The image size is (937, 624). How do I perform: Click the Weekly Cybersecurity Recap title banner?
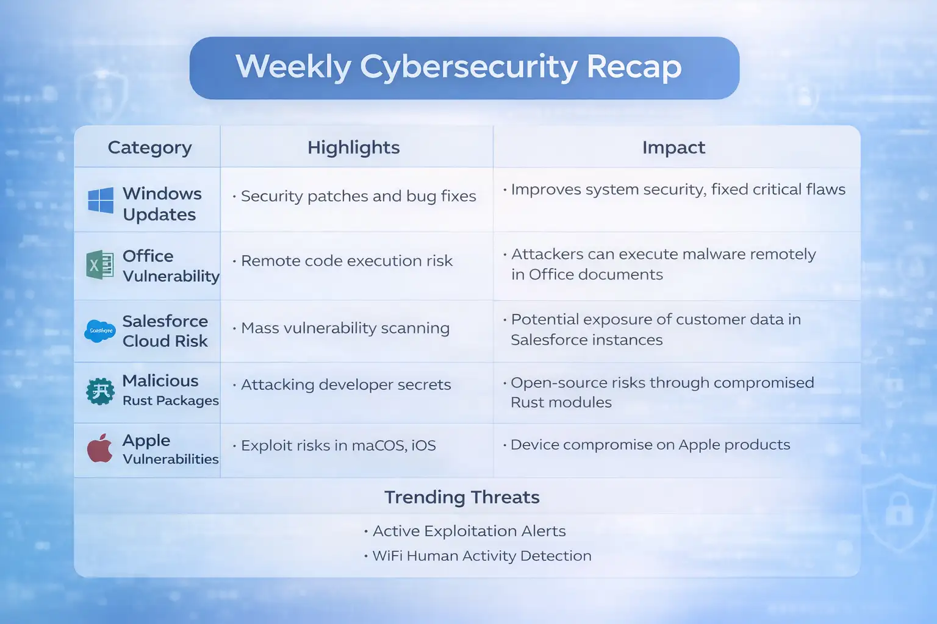(x=464, y=68)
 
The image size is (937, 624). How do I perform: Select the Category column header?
(x=149, y=147)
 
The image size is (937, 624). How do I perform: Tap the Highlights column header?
(x=353, y=147)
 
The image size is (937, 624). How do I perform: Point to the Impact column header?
(x=673, y=147)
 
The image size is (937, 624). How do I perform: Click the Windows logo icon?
(x=101, y=200)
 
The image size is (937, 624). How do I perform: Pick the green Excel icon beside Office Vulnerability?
(x=100, y=265)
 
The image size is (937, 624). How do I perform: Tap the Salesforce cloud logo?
(x=100, y=331)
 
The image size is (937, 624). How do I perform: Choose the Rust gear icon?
(x=100, y=391)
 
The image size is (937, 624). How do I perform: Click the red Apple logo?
(x=100, y=448)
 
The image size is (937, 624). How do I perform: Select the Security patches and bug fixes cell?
(x=358, y=196)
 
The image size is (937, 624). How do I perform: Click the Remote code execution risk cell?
(x=346, y=261)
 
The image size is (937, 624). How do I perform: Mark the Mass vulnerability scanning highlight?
(x=345, y=328)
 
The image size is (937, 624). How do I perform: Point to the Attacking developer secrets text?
(x=346, y=385)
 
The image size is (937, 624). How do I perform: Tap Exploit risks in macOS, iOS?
(x=338, y=445)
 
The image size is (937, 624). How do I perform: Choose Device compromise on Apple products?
(x=650, y=445)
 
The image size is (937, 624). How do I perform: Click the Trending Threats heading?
(x=462, y=497)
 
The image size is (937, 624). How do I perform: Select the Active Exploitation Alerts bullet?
(x=468, y=531)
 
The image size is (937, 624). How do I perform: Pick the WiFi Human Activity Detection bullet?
(x=481, y=556)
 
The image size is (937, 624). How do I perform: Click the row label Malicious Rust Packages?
(x=170, y=390)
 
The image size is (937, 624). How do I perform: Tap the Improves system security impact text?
(x=678, y=190)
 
